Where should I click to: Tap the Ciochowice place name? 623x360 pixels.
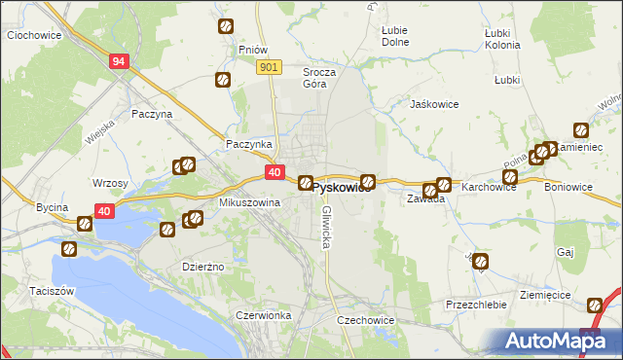coord(35,35)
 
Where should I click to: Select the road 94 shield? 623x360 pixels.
coord(119,61)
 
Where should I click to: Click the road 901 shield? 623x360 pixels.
coord(270,66)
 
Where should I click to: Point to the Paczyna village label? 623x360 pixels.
coord(152,114)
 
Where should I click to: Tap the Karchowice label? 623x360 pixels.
coord(489,186)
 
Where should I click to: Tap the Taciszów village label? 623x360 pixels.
coord(32,291)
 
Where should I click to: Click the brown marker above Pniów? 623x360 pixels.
coord(226,27)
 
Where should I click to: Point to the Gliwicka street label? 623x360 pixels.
coord(327,226)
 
